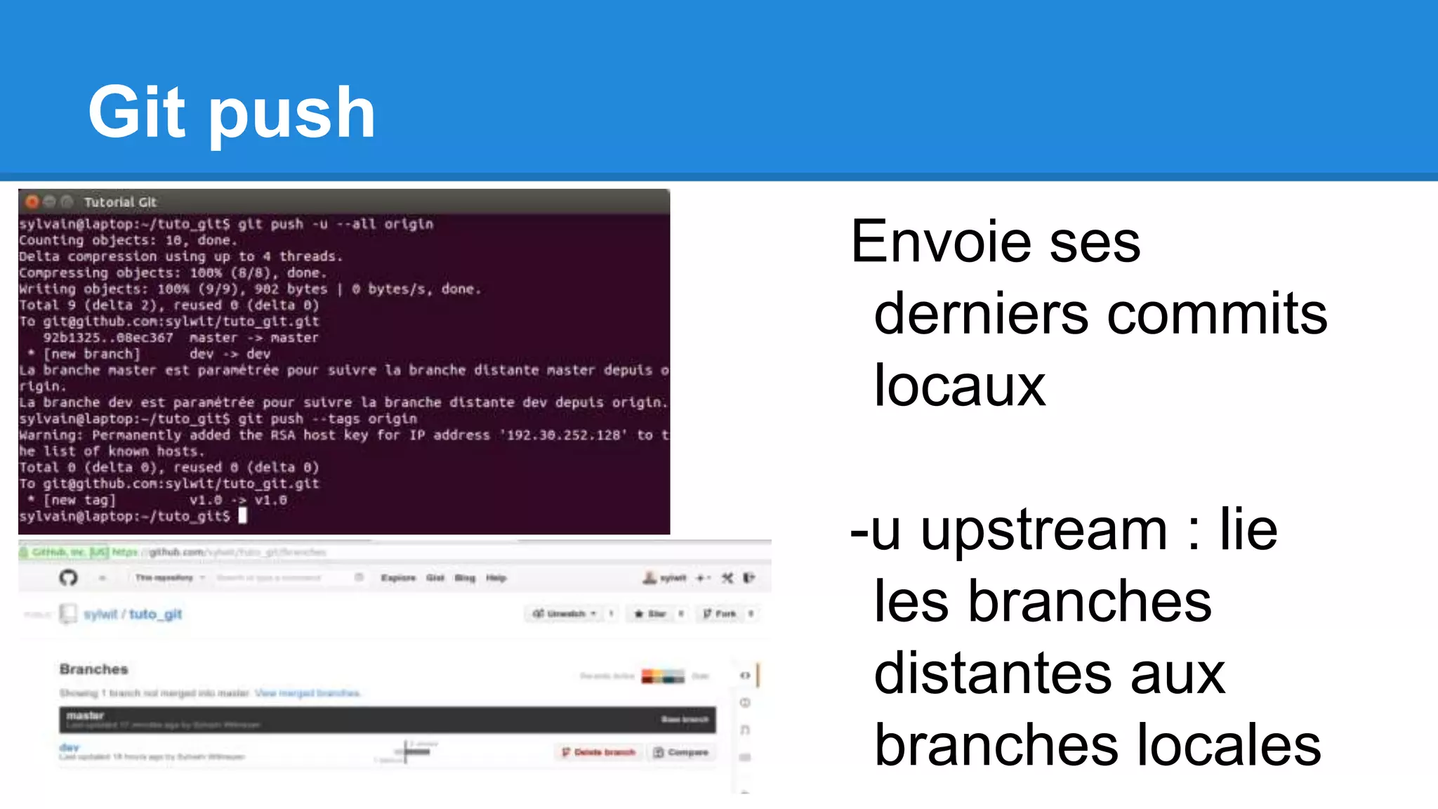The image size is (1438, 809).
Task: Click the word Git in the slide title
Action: point(137,112)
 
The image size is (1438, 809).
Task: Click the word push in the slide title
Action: point(291,116)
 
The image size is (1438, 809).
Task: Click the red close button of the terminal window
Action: point(32,202)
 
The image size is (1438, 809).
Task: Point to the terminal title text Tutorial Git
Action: point(120,202)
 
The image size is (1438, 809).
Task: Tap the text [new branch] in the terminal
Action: point(92,354)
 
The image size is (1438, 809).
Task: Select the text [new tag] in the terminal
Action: point(79,500)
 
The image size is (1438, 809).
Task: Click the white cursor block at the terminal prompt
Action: point(243,516)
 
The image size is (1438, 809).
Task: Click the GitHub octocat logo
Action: point(68,578)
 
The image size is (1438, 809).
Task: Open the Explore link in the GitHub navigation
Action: point(398,578)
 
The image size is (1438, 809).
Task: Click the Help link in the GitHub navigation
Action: point(496,578)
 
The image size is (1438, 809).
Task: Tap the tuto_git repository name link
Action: point(155,614)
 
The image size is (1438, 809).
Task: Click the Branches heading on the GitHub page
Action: point(93,669)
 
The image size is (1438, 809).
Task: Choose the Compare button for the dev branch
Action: point(680,752)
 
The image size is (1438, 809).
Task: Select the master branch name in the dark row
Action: point(85,716)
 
